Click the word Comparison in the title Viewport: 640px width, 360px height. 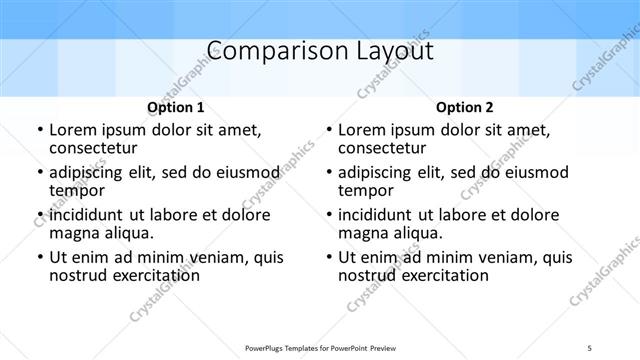pos(261,51)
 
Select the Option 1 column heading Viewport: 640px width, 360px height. pos(176,107)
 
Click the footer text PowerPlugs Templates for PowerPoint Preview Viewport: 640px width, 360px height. pos(320,347)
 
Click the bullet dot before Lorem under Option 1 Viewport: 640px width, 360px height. pos(39,131)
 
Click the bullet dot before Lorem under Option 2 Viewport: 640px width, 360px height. pos(328,131)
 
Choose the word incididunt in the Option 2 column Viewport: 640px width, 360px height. pos(381,215)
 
